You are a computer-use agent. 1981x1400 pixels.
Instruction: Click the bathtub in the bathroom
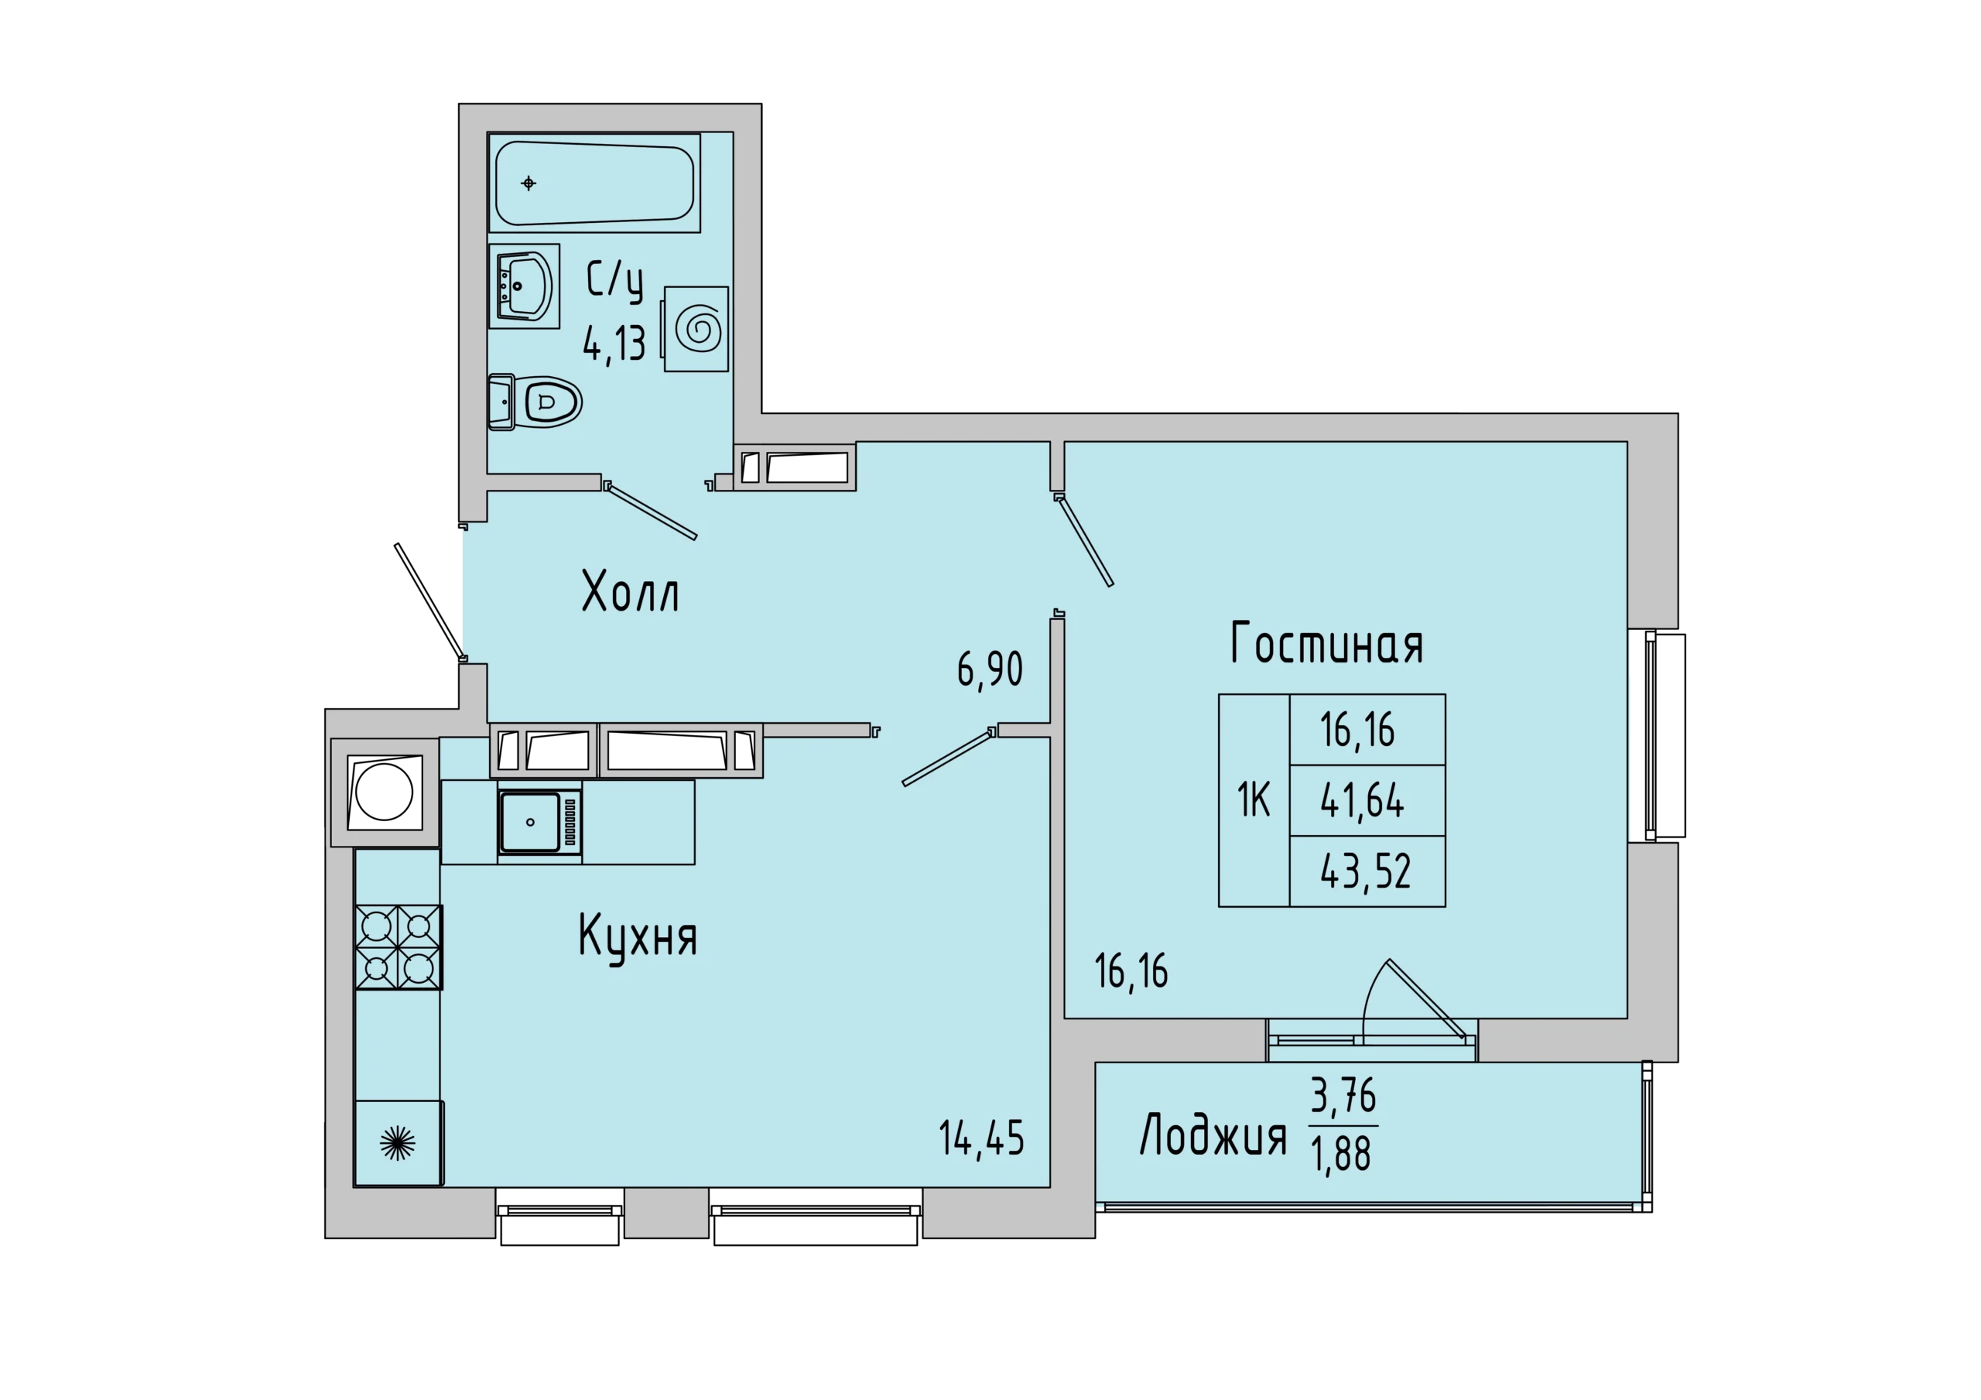[594, 182]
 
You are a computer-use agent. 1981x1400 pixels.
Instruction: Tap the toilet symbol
[535, 402]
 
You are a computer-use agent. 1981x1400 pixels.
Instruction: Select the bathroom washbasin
[524, 286]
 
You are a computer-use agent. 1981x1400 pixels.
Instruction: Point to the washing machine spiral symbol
[698, 329]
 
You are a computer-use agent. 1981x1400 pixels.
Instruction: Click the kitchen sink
[539, 821]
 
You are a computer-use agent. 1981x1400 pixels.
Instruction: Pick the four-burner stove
[399, 946]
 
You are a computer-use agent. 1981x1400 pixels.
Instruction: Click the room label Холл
[631, 591]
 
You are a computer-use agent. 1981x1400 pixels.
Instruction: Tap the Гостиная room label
[1326, 643]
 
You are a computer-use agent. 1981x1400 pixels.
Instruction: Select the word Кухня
[638, 938]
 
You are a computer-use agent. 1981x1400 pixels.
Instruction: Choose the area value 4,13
[614, 345]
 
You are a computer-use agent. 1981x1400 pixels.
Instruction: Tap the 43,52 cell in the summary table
[1367, 871]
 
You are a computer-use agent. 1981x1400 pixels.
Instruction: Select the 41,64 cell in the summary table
[1367, 800]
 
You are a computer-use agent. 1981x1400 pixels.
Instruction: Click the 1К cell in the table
[1254, 800]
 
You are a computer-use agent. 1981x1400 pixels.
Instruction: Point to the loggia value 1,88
[1341, 1154]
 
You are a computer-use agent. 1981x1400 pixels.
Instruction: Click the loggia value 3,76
[1343, 1096]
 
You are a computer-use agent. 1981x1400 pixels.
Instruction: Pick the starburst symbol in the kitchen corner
[398, 1143]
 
